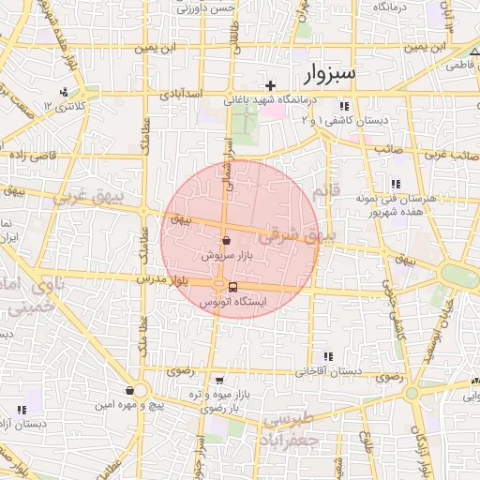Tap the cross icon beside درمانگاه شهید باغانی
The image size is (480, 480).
(x=271, y=85)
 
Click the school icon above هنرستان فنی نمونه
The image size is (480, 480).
(x=396, y=184)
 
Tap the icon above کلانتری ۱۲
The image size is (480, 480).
(x=64, y=92)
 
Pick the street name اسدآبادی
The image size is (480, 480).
(x=178, y=95)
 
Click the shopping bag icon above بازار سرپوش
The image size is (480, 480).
(x=226, y=240)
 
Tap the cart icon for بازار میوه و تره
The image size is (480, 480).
(x=219, y=381)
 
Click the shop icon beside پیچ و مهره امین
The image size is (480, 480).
(x=128, y=390)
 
